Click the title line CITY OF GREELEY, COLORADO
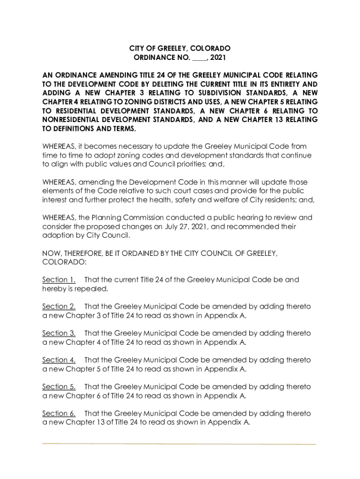[x=180, y=49]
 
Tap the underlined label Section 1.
[x=59, y=280]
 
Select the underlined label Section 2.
[x=59, y=306]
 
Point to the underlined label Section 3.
[x=59, y=334]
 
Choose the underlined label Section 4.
[x=59, y=360]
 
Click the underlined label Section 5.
[x=59, y=387]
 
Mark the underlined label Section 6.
[x=59, y=414]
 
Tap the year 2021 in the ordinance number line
[x=218, y=58]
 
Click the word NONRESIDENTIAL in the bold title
[x=72, y=120]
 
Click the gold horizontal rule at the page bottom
[x=179, y=443]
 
